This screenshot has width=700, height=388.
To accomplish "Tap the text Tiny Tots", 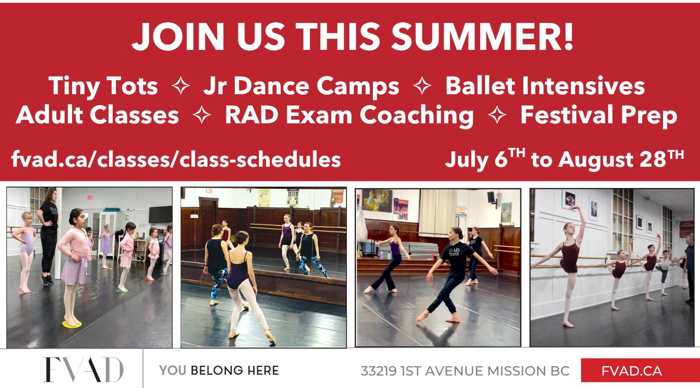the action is tap(103, 86).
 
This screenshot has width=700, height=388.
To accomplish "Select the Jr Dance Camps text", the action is tap(301, 86).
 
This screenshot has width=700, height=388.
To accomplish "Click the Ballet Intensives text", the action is tap(545, 85).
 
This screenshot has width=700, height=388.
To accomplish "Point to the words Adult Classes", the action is tap(97, 115).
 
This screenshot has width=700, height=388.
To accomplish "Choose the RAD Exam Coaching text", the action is tap(349, 115).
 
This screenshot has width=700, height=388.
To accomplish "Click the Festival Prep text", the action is tap(599, 115).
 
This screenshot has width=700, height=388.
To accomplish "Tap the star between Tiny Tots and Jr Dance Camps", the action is tap(181, 85).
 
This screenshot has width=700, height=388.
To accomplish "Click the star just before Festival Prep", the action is tap(497, 115).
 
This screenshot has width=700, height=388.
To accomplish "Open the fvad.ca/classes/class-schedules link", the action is tap(176, 160).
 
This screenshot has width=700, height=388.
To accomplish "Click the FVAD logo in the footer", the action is tap(83, 370).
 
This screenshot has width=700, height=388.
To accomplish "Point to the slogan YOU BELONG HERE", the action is tap(219, 370).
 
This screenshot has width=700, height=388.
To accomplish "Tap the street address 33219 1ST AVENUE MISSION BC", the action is tap(465, 371).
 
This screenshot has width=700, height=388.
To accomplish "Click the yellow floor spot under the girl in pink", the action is tap(72, 324).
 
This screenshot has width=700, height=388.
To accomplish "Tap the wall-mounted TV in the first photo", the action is tap(160, 214).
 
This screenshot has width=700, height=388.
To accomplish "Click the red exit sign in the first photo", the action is tap(90, 197).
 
